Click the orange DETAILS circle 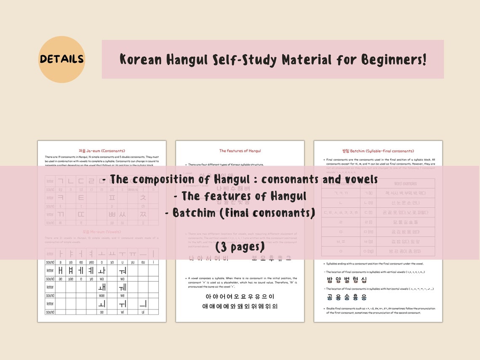tap(61, 59)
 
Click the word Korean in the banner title tap(141, 59)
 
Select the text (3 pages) tap(240, 246)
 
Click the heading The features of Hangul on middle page tap(240, 151)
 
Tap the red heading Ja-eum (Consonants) tap(102, 151)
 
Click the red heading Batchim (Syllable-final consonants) tap(378, 151)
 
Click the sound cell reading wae tap(102, 296)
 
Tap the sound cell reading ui tap(143, 312)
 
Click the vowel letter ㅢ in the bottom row tap(143, 304)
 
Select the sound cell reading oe tap(102, 312)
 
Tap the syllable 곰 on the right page tap(331, 297)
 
